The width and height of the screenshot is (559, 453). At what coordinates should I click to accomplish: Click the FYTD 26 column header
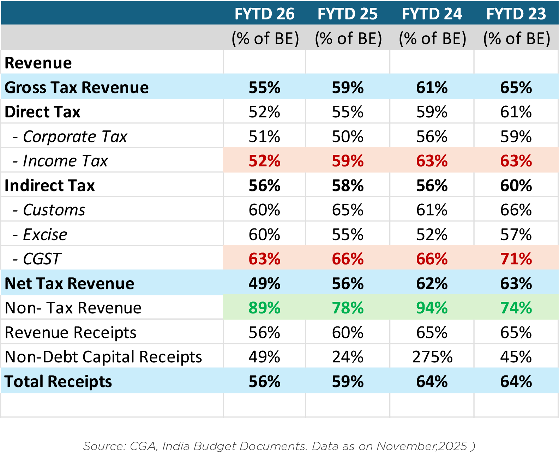point(264,14)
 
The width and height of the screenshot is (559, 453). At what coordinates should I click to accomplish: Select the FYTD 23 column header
point(516,14)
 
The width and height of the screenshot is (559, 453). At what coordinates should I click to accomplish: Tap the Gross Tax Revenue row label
point(77,87)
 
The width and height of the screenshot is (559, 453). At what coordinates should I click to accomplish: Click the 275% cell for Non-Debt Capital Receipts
point(432,357)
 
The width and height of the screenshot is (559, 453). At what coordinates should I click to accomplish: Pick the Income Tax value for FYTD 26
point(264,161)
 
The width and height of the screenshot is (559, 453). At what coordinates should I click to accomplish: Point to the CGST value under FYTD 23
point(516,259)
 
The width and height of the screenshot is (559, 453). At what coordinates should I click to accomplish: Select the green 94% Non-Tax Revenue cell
point(432,308)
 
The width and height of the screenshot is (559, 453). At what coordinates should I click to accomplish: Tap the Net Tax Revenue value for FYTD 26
point(264,283)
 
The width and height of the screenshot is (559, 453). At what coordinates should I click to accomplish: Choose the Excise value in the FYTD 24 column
point(432,234)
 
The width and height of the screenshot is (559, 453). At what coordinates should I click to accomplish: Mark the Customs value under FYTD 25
point(348,210)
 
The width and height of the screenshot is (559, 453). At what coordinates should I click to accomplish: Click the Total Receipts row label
point(58,381)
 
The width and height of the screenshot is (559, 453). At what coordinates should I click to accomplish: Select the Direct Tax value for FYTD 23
point(516,112)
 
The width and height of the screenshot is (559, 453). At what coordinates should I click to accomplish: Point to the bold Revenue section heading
point(38,63)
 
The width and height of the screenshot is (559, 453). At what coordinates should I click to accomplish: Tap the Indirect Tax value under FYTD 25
point(348,185)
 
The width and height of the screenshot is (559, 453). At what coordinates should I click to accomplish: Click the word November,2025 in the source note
point(421,446)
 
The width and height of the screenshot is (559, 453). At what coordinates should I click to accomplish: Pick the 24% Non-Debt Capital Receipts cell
point(348,357)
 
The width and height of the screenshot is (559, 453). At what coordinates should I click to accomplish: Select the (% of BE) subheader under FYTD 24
point(432,38)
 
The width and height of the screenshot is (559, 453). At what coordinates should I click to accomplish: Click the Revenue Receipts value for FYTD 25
point(348,332)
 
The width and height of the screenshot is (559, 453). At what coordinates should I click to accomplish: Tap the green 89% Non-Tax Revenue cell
point(264,308)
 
